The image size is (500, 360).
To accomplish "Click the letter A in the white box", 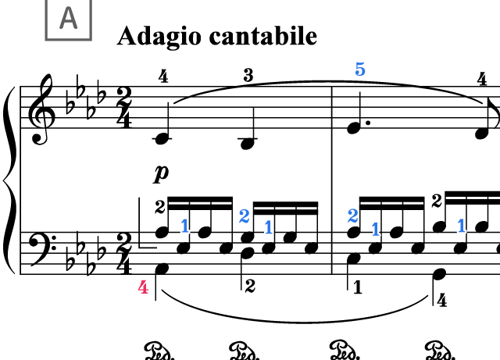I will [68, 18].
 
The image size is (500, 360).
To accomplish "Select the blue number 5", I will [359, 70].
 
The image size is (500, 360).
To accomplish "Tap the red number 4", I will [143, 287].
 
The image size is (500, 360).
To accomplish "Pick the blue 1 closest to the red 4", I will [184, 226].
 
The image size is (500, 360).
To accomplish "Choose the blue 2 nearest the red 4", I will [244, 216].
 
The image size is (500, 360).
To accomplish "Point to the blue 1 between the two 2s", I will [268, 227].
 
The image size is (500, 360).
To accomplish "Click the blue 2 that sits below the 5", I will [352, 216].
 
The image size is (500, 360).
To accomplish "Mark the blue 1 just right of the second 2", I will [375, 229].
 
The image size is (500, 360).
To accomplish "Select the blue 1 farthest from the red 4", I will [461, 226].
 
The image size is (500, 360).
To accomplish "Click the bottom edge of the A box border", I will [68, 39].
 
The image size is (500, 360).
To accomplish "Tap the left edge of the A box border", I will [46, 19].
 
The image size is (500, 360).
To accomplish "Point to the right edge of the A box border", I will [91, 19].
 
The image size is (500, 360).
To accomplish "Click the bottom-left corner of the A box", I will [46, 39].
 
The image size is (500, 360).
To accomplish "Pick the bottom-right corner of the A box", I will [91, 39].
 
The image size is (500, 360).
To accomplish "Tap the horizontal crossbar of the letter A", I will [68, 23].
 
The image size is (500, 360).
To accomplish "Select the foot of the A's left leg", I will [60, 29].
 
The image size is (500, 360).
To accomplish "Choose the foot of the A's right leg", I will [77, 29].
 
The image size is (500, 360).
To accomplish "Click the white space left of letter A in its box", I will [52, 19].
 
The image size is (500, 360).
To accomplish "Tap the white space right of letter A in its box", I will [84, 19].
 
